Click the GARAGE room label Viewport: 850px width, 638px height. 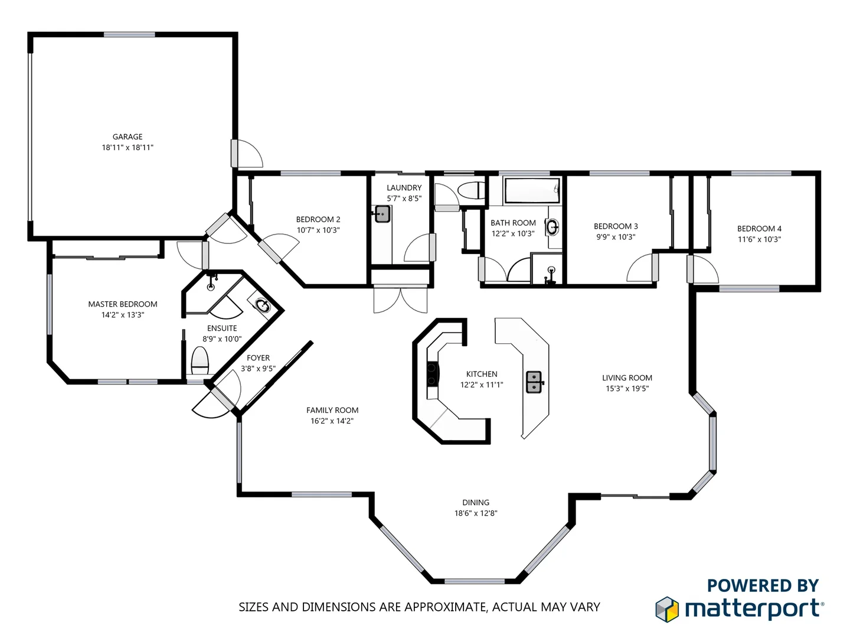[x=127, y=136]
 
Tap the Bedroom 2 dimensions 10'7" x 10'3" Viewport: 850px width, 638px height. [x=318, y=230]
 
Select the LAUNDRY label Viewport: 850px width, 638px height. [x=404, y=188]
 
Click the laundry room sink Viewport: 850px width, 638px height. [x=382, y=214]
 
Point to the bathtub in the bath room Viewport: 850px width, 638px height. [x=531, y=191]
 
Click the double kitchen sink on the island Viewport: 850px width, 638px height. [x=534, y=382]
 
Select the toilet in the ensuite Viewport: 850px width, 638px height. [x=200, y=361]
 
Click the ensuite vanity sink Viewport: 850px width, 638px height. [x=262, y=305]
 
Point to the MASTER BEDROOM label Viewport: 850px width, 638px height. [x=123, y=304]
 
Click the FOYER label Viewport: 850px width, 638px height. [x=258, y=358]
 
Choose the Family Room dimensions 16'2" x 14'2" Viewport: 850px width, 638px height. [x=332, y=421]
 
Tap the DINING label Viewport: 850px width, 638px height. [x=476, y=503]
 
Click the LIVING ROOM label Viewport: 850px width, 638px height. [x=627, y=378]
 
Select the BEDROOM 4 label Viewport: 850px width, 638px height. [x=759, y=229]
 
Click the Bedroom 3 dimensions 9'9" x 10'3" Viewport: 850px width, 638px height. [x=616, y=237]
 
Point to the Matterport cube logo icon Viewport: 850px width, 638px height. [x=667, y=609]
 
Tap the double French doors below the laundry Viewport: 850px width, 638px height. [x=400, y=299]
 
